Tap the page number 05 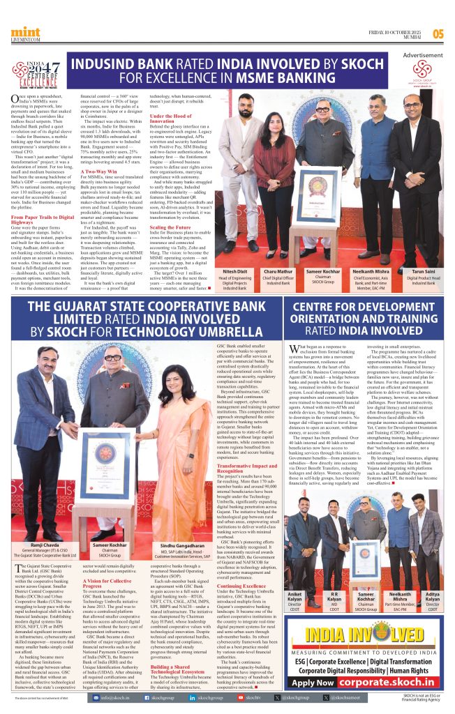[438, 33]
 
